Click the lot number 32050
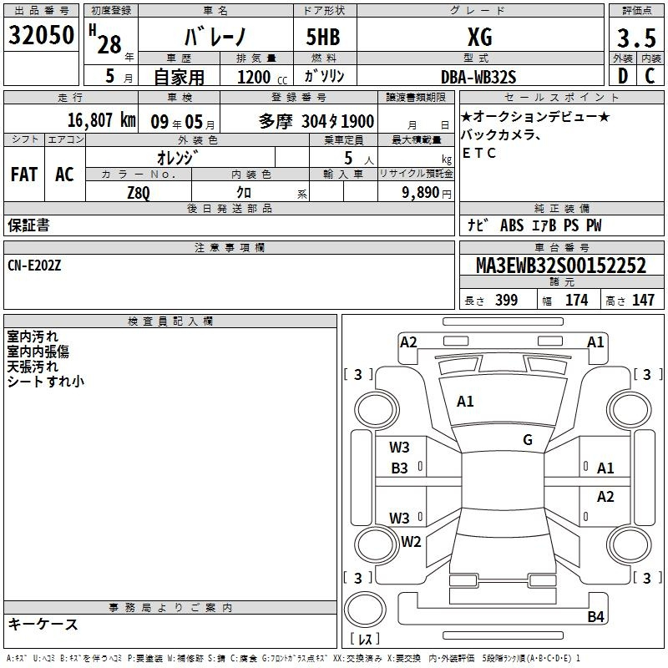[x=41, y=35]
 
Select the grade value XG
[x=480, y=37]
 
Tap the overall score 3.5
[x=636, y=38]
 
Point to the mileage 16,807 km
[x=102, y=120]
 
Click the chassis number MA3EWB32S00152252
[x=561, y=266]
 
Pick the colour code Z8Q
[x=139, y=193]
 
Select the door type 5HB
[x=323, y=37]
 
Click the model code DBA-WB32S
[x=478, y=77]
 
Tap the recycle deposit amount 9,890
[x=421, y=192]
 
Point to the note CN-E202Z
[x=34, y=266]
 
